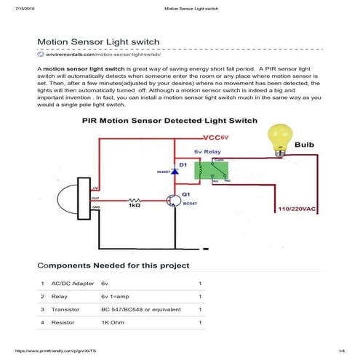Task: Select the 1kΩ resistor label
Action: click(x=134, y=206)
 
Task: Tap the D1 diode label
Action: click(x=183, y=165)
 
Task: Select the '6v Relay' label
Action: click(x=208, y=152)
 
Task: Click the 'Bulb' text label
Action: click(x=305, y=145)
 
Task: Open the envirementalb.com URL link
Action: click(x=102, y=55)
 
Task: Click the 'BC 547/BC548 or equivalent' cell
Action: click(x=139, y=309)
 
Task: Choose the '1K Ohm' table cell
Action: click(x=113, y=321)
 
